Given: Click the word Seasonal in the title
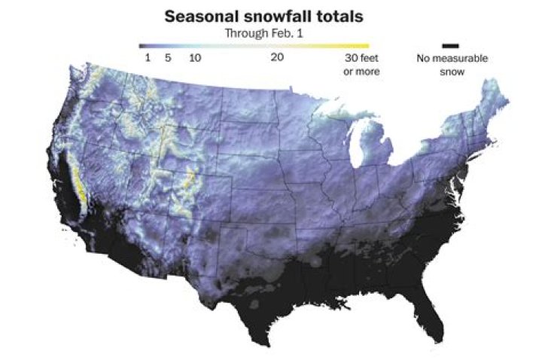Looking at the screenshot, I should (x=199, y=16).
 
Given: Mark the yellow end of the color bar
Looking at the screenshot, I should (x=364, y=45).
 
